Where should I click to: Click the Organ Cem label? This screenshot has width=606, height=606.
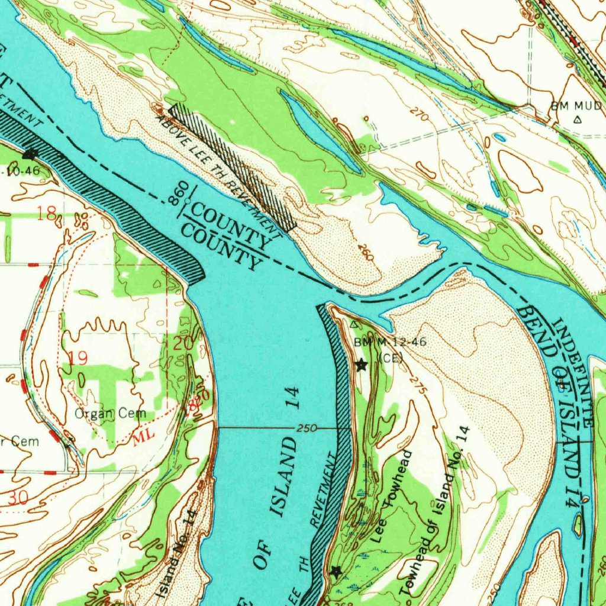tap(110, 414)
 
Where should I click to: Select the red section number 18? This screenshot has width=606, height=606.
tap(46, 214)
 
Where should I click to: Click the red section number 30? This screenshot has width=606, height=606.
tap(18, 498)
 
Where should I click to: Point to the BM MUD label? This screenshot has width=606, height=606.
tap(576, 106)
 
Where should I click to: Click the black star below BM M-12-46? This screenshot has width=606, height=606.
tap(361, 365)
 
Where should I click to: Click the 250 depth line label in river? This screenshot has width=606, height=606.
tap(307, 428)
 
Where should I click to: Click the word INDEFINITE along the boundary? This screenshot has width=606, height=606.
tap(572, 372)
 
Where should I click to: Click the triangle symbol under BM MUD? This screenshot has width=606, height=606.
tap(578, 119)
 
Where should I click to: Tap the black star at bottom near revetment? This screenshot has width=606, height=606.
tap(336, 571)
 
